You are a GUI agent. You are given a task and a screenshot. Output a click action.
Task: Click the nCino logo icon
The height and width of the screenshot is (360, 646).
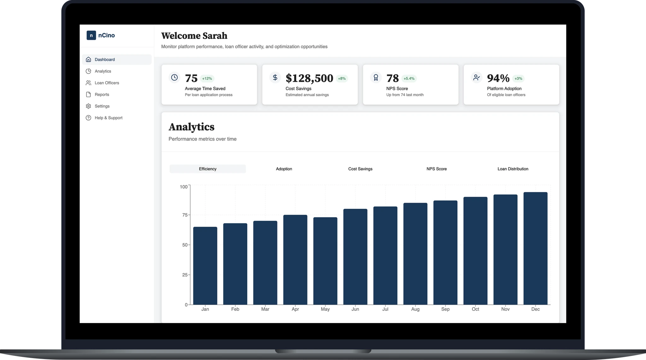91,35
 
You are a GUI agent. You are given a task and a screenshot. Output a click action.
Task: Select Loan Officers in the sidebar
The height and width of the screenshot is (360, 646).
107,83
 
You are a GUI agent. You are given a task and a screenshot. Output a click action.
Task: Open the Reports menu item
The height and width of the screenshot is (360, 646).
102,95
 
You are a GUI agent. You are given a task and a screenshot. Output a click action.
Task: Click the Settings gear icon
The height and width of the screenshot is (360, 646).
88,106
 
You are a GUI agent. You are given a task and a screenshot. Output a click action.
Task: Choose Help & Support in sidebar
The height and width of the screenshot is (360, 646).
108,118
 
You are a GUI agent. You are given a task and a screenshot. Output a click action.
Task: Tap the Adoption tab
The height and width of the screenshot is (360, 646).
284,169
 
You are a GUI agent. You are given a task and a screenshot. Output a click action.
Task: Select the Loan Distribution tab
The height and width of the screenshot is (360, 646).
513,169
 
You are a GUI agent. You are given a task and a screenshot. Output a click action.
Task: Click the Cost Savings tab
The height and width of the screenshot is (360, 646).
360,169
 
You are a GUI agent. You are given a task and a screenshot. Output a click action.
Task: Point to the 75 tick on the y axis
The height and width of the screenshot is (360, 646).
185,215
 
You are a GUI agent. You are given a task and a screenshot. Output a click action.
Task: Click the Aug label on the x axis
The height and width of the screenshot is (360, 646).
415,309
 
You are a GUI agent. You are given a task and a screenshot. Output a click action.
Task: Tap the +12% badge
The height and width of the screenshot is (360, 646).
207,78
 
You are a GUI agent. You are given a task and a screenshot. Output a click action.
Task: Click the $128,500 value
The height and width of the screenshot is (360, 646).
309,78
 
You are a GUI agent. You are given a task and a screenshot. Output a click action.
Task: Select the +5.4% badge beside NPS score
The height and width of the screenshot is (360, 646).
409,78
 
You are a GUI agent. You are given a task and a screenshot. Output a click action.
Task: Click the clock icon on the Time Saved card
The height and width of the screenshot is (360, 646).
174,77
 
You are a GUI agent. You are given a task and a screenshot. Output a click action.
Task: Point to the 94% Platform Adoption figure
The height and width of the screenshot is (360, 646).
498,78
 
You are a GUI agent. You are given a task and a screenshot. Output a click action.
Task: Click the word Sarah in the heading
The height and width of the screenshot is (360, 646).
214,36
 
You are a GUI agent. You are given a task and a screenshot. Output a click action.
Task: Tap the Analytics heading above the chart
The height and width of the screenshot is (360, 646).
191,127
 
